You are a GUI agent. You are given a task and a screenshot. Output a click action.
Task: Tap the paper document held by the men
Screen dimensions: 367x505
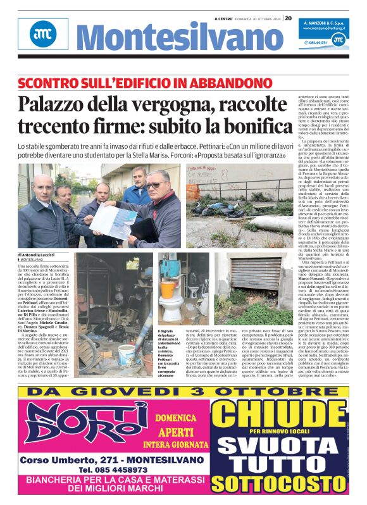pyautogui.click(x=114, y=218)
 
